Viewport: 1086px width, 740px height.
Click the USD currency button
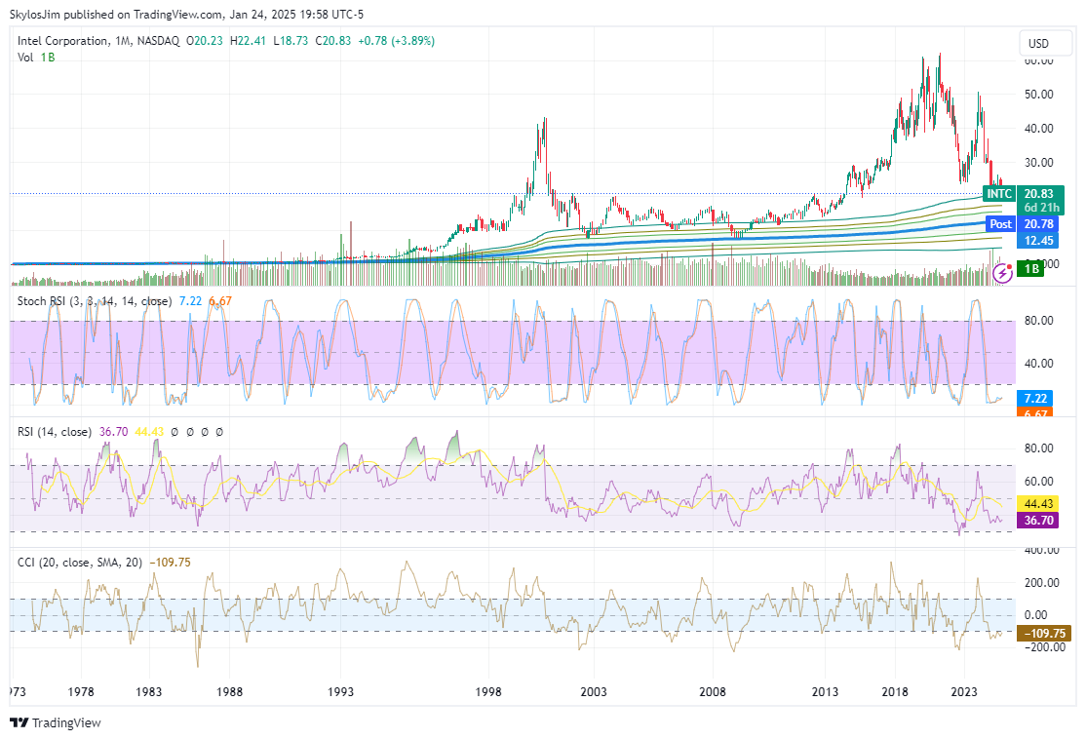pos(1038,43)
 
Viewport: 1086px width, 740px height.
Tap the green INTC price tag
pos(999,194)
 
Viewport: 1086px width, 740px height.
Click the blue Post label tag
pos(1000,224)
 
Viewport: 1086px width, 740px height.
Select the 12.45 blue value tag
pos(1037,240)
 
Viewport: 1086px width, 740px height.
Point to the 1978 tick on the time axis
pos(82,692)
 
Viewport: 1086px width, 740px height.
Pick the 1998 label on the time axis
pos(488,692)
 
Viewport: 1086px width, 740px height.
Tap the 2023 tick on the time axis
pos(964,692)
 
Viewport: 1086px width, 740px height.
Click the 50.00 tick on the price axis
pos(1038,94)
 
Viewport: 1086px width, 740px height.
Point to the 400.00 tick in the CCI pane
pos(1040,550)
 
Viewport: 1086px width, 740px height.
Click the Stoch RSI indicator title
pos(45,300)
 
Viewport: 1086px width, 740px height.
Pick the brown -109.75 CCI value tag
pos(1042,633)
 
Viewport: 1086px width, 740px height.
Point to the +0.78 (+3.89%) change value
pos(397,41)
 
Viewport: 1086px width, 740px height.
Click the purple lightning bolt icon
pos(1001,275)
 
